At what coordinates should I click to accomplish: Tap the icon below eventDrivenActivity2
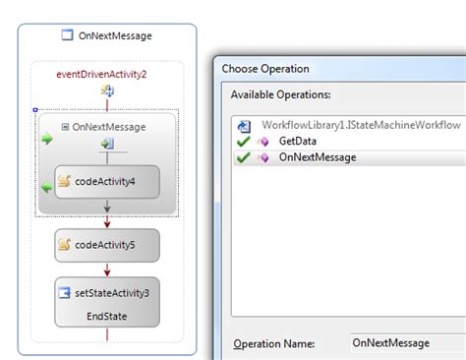[x=107, y=90]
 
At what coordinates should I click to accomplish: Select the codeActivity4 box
[x=106, y=181]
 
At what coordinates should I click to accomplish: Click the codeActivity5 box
[x=106, y=245]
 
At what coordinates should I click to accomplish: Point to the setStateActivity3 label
[x=116, y=292]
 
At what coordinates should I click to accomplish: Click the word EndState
[x=106, y=316]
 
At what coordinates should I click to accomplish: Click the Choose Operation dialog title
[x=265, y=69]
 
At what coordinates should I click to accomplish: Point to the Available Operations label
[x=280, y=94]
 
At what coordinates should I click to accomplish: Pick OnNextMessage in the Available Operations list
[x=318, y=156]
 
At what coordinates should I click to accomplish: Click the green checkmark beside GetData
[x=243, y=141]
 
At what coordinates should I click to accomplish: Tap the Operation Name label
[x=273, y=343]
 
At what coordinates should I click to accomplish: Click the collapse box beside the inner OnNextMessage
[x=65, y=127]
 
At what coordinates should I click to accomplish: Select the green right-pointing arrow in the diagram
[x=46, y=140]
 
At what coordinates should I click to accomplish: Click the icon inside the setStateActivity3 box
[x=64, y=292]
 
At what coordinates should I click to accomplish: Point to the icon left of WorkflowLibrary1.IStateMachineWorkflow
[x=243, y=125]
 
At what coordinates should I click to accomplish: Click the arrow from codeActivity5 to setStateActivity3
[x=106, y=270]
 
